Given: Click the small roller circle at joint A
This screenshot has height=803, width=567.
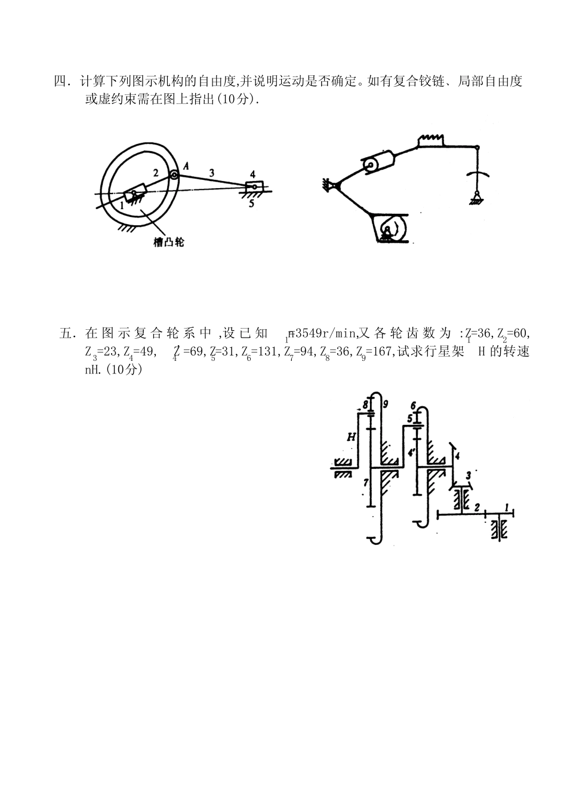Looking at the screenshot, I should [173, 175].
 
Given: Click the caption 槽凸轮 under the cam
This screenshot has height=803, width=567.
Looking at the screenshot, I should [168, 243].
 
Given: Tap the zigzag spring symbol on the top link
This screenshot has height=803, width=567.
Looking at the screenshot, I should [432, 139].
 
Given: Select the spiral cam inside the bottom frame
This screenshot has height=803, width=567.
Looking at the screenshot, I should [389, 228].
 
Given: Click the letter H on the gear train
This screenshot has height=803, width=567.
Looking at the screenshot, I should [352, 437].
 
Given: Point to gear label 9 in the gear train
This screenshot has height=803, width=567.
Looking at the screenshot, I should [386, 404].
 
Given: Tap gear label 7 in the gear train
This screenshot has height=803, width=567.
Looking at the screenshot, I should [365, 481].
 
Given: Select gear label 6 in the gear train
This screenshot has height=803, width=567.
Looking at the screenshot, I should [412, 406].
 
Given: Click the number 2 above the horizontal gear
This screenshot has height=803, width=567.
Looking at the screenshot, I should [477, 507].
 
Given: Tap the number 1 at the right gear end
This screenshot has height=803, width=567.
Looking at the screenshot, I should [507, 507].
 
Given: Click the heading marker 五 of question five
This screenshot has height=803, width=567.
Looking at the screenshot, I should [66, 333].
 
